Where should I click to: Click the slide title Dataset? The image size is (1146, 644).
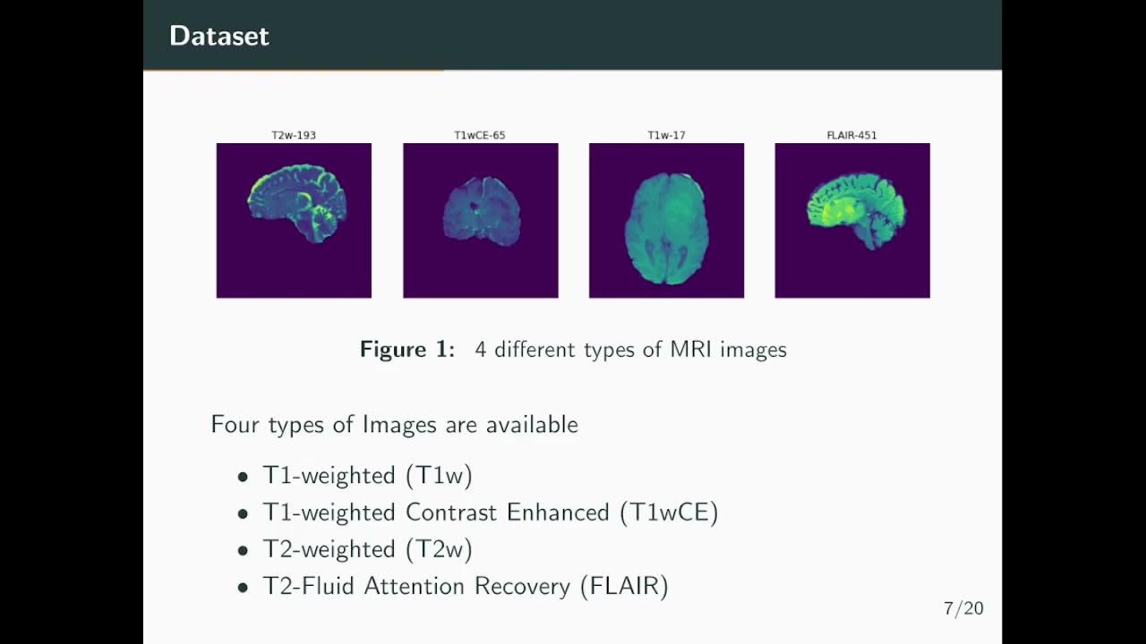218,36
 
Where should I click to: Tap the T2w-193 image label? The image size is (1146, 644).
294,136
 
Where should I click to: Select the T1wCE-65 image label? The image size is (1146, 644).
480,136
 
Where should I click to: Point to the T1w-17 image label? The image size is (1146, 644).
666,136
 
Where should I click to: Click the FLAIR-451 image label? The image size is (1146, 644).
852,136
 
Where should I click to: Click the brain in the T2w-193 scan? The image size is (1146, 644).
294,201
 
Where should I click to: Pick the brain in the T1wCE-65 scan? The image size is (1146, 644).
482,210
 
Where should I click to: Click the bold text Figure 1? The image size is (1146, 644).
407,349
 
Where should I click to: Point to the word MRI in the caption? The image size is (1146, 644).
691,349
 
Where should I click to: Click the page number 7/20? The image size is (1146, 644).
963,609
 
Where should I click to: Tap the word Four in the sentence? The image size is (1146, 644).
235,424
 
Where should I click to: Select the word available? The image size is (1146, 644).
532,424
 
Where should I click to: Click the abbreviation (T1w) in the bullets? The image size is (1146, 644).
439,475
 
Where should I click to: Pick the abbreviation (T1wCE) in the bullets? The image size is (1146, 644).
669,513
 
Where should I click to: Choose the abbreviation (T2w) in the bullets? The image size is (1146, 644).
439,549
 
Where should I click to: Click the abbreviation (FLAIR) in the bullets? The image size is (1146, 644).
624,587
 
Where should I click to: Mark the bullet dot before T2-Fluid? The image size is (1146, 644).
243,588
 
